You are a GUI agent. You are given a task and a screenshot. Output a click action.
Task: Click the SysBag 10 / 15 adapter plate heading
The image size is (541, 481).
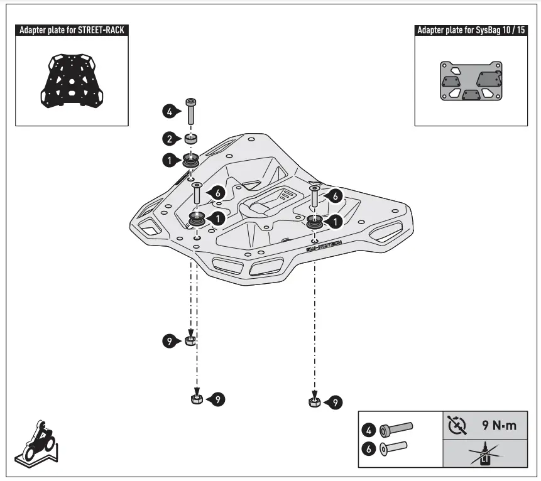click(470, 30)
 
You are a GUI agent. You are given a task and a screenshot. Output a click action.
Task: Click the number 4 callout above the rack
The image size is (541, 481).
click(168, 112)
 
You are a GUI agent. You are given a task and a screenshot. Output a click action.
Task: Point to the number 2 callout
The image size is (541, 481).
click(168, 138)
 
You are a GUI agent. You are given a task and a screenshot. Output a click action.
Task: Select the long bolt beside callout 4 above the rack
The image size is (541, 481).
click(191, 112)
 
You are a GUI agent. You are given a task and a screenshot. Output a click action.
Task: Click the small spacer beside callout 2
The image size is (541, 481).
click(191, 138)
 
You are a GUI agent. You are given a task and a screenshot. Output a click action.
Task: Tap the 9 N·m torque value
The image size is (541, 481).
click(499, 425)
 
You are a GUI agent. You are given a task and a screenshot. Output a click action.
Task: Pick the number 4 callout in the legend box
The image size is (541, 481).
click(369, 430)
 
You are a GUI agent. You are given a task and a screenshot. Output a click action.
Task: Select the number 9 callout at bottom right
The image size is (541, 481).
click(336, 401)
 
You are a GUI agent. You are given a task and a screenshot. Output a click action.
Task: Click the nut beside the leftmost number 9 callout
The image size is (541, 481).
click(191, 341)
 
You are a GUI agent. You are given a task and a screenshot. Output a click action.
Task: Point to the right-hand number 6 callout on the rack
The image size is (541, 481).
click(336, 197)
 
